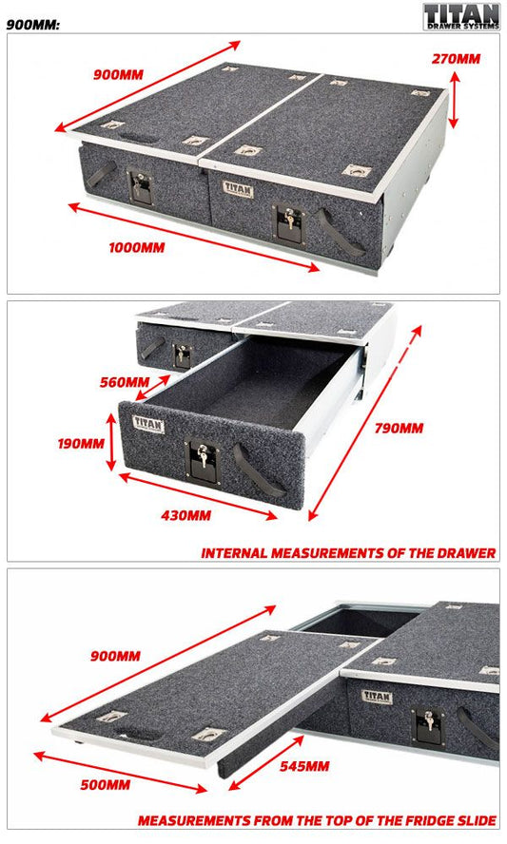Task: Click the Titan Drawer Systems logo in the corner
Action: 461,17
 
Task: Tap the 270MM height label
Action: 456,59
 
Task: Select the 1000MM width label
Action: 137,248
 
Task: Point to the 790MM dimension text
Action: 399,428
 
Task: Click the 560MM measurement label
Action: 125,382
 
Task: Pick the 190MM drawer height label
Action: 81,444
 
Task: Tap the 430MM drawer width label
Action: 185,515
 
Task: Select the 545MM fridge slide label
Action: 304,766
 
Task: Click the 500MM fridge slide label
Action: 105,785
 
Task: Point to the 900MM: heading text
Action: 33,25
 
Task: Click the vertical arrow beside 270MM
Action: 454,100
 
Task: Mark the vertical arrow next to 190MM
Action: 111,442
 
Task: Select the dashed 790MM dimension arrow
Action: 364,423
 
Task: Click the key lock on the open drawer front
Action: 203,461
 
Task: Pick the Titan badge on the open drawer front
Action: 148,424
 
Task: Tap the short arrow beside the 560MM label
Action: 152,388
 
